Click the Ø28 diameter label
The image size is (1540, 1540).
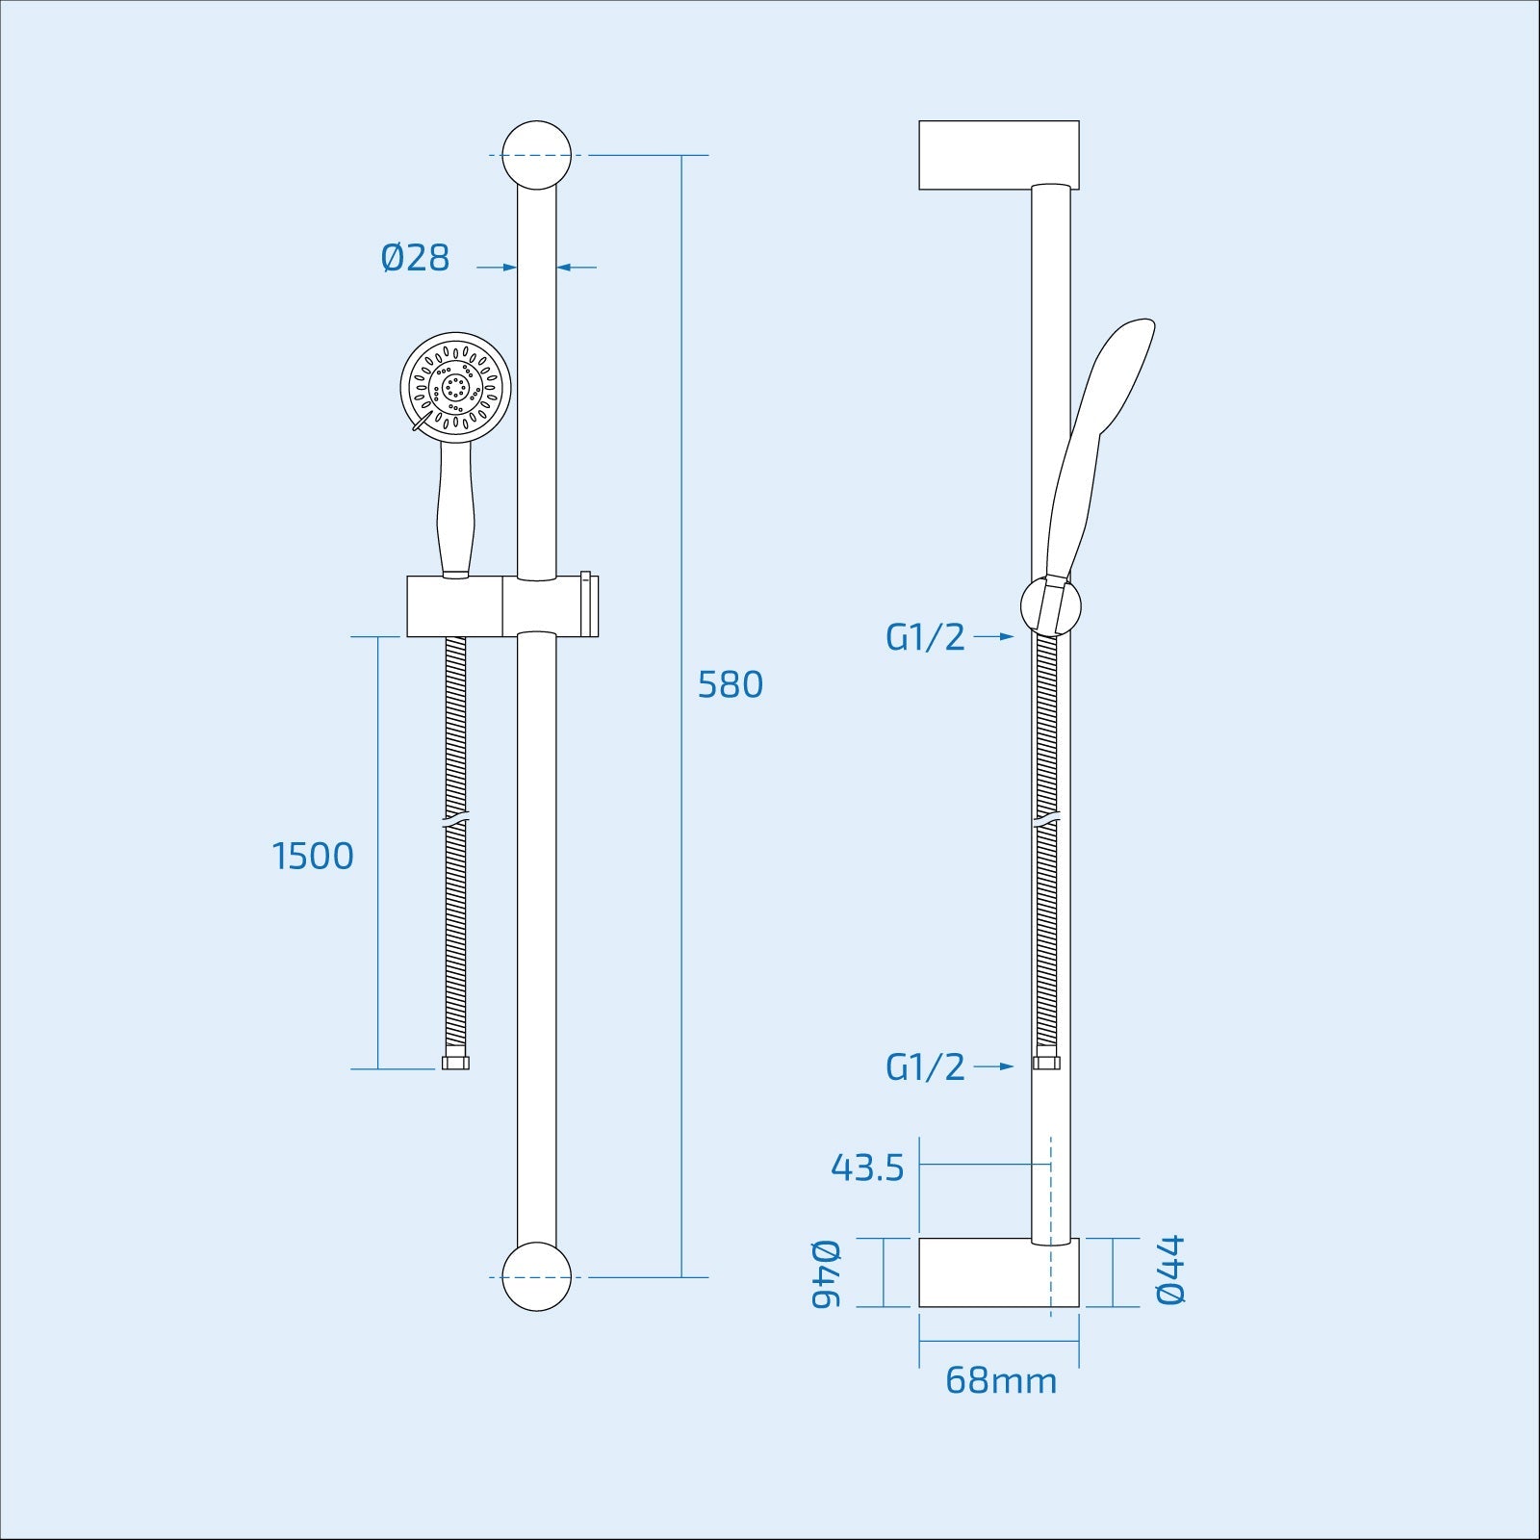tap(415, 258)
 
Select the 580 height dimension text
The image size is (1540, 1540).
tap(730, 684)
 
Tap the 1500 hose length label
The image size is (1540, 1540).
tap(314, 856)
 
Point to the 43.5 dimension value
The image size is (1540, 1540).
tap(867, 1168)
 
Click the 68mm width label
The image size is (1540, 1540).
tap(1000, 1380)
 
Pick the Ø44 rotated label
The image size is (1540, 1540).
tap(1170, 1270)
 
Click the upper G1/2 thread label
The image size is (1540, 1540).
tap(925, 637)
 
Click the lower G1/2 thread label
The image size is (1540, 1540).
tap(925, 1066)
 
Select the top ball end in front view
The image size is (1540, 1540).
tap(536, 155)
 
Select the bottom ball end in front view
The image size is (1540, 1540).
tap(536, 1277)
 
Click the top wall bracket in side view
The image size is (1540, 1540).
tap(998, 155)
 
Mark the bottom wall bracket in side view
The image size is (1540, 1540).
tap(998, 1272)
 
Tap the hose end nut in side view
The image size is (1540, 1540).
tap(1045, 1063)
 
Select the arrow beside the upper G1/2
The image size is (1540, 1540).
tap(993, 637)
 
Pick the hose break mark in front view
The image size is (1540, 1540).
tap(455, 822)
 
